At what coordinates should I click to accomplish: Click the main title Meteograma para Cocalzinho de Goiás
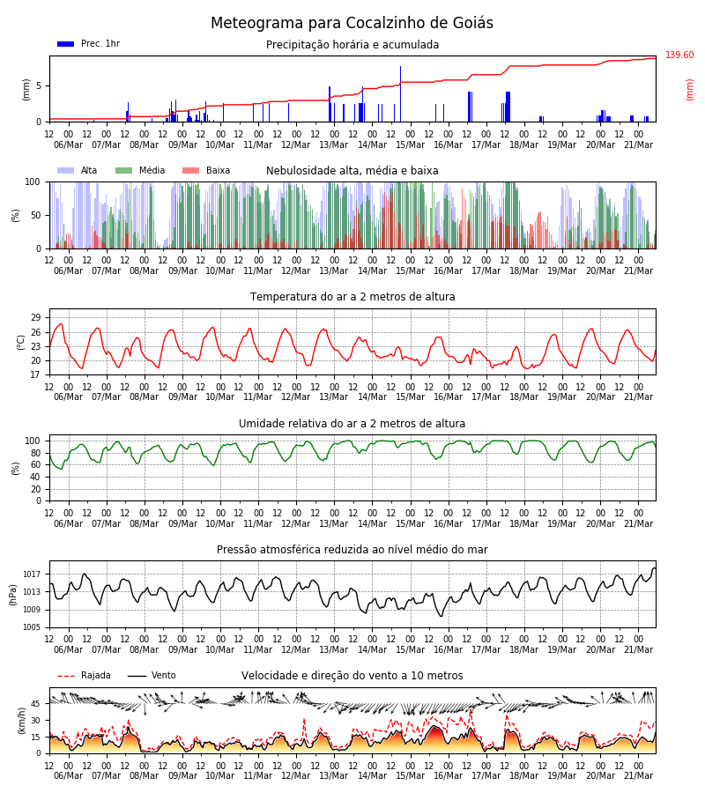(x=352, y=23)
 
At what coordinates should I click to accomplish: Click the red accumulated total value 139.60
(x=679, y=55)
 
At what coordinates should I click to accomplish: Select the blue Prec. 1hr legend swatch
(x=66, y=44)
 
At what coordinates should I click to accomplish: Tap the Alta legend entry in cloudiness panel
(x=78, y=170)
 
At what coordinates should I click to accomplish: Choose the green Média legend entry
(x=141, y=170)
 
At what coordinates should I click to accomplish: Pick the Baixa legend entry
(x=206, y=170)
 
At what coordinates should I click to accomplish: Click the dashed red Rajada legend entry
(x=84, y=675)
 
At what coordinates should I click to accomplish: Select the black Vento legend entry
(x=152, y=675)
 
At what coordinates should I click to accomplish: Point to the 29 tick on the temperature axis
(x=36, y=317)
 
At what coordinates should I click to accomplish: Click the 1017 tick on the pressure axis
(x=32, y=574)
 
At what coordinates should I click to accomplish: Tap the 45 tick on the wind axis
(x=36, y=703)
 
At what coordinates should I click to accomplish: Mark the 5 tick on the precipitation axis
(x=39, y=86)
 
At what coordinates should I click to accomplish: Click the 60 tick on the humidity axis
(x=36, y=464)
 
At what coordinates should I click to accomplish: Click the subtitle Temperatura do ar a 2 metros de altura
(x=352, y=297)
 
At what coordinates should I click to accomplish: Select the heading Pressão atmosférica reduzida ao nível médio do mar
(x=352, y=550)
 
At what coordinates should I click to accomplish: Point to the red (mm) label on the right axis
(x=689, y=90)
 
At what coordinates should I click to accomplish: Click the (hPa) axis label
(x=13, y=595)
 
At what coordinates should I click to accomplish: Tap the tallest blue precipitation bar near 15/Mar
(x=401, y=94)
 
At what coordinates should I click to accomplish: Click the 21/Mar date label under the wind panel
(x=638, y=775)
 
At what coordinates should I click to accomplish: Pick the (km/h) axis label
(x=21, y=721)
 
